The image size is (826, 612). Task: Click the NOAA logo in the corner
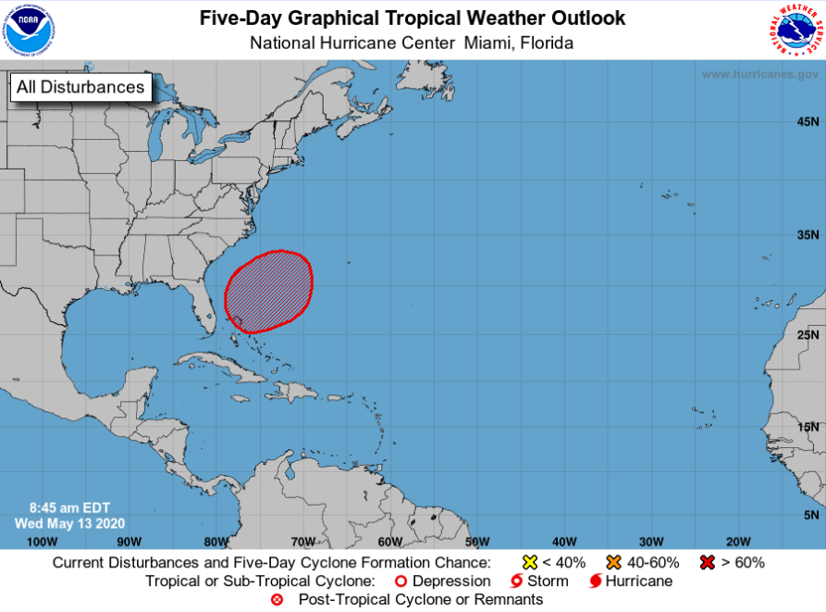pyautogui.click(x=29, y=30)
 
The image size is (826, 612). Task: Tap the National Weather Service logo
pyautogui.click(x=795, y=30)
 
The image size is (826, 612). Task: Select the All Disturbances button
pyautogui.click(x=80, y=87)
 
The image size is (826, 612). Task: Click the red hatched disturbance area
pyautogui.click(x=269, y=290)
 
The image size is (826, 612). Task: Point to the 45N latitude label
pyautogui.click(x=808, y=122)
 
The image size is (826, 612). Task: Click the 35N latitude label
pyautogui.click(x=808, y=235)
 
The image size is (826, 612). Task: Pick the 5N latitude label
pyautogui.click(x=811, y=515)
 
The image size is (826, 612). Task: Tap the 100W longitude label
pyautogui.click(x=42, y=542)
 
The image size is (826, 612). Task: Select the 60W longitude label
pyautogui.click(x=389, y=542)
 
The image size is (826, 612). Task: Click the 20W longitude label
pyautogui.click(x=737, y=542)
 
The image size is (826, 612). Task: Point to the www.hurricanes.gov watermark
pyautogui.click(x=758, y=74)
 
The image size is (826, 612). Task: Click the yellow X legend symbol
pyautogui.click(x=530, y=562)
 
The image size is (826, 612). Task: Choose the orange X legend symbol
pyautogui.click(x=612, y=562)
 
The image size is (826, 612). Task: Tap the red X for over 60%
pyautogui.click(x=707, y=562)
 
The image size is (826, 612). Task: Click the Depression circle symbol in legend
pyautogui.click(x=401, y=581)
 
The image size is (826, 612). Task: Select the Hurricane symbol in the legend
pyautogui.click(x=596, y=581)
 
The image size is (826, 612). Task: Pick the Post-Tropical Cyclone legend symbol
pyautogui.click(x=277, y=600)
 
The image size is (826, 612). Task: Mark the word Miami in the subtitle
pyautogui.click(x=487, y=43)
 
